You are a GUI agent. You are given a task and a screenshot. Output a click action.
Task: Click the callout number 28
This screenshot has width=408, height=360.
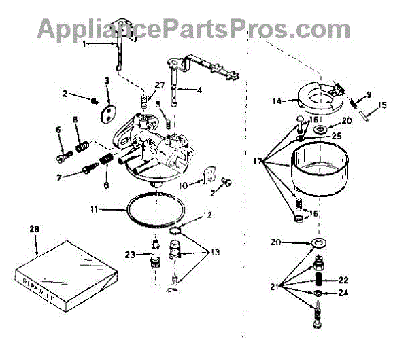pos(35,230)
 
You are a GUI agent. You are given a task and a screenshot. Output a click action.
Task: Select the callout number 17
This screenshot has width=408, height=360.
pos(256,162)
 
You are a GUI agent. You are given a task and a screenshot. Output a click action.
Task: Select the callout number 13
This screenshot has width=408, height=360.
pos(215,252)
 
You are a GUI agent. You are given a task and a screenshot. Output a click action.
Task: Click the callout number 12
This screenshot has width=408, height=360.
pos(208,215)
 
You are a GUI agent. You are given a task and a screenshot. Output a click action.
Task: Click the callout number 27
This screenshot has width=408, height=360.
pos(160,85)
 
